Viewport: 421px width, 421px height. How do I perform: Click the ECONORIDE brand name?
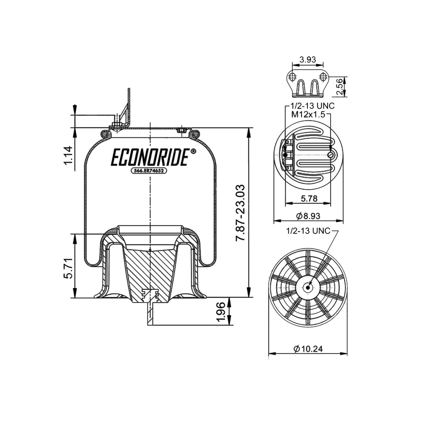[150, 157]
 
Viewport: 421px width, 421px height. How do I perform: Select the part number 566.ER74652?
[148, 171]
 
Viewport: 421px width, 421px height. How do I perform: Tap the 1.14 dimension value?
[68, 158]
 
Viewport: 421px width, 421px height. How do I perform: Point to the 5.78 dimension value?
[308, 199]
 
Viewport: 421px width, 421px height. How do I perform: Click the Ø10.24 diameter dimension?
[308, 349]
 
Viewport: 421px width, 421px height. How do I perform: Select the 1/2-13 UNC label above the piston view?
[308, 231]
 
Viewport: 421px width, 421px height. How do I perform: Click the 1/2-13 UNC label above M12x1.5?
[312, 106]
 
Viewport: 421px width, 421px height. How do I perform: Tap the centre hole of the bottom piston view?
[308, 287]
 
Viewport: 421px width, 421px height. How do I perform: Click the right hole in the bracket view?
[323, 76]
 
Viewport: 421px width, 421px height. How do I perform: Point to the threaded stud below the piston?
[150, 315]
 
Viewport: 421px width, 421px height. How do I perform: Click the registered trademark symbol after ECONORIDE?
[193, 151]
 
